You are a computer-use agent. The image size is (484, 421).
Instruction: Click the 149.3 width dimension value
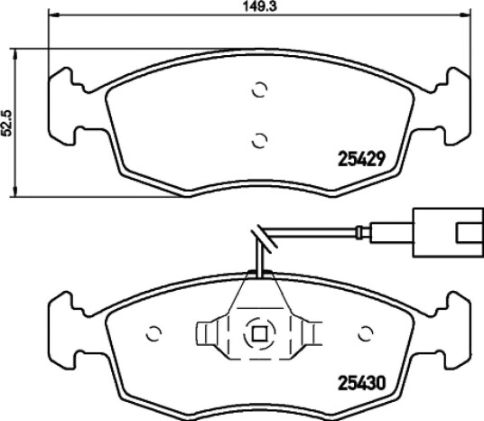259,6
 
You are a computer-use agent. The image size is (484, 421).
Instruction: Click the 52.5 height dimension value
6,123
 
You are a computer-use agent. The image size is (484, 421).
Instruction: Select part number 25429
362,159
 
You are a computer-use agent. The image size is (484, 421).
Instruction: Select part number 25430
362,383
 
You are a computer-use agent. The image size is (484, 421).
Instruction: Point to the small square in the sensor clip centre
259,334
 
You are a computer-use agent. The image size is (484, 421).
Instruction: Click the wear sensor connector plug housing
448,232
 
